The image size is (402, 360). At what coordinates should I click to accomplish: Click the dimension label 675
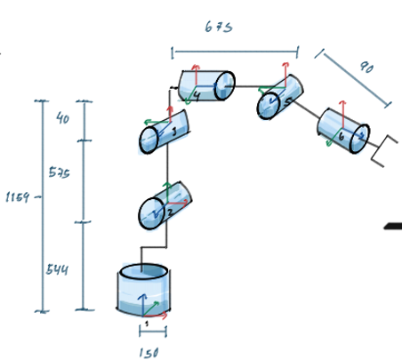tap(218, 28)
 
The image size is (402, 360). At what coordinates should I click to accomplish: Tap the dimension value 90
tap(366, 68)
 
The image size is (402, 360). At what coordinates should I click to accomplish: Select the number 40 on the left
tap(62, 117)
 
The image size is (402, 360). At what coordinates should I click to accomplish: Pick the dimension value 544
tap(58, 267)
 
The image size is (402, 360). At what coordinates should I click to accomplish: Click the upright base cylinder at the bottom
tap(143, 290)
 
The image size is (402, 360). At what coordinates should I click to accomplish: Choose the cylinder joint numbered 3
tap(165, 132)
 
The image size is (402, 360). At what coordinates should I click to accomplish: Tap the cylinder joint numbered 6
tap(343, 131)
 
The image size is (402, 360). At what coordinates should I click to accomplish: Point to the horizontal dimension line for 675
tap(234, 51)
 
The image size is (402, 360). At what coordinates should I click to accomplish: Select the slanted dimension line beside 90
tap(354, 79)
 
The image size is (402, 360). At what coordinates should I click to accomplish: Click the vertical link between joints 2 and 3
tap(166, 167)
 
